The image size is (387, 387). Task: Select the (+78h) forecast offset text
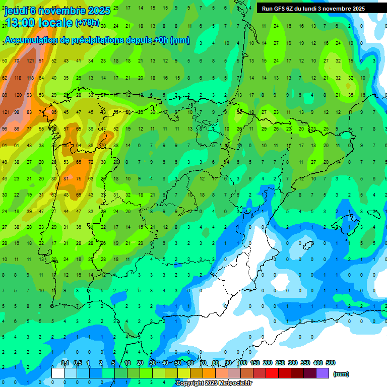[87, 23]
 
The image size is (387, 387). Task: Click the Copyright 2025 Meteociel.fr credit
[214, 383]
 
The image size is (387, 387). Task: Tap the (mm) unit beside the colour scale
[341, 374]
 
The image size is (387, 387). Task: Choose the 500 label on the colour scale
[331, 363]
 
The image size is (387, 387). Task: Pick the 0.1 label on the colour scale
[65, 363]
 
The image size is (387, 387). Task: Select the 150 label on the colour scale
[255, 363]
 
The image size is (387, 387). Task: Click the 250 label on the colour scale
[280, 363]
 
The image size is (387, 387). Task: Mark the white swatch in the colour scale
[58, 373]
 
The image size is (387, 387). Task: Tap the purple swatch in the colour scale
[322, 373]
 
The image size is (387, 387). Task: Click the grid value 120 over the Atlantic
[18, 95]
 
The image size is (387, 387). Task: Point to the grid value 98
[18, 112]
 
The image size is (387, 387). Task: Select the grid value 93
[30, 95]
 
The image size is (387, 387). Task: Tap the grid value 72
[91, 162]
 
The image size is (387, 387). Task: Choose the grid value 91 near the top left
[42, 61]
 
